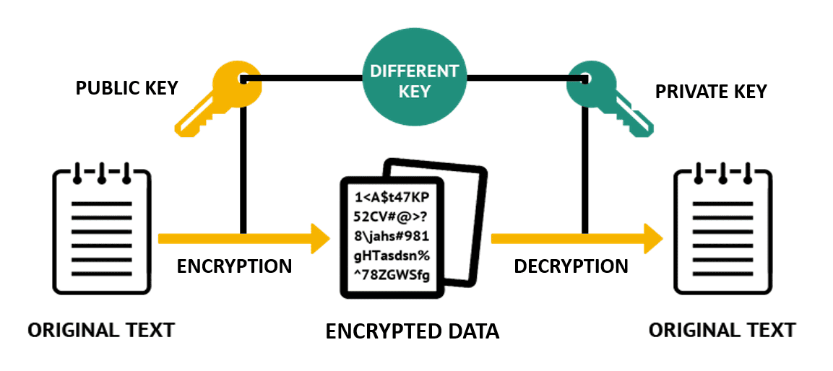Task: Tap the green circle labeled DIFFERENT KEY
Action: (x=414, y=81)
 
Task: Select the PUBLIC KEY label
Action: (x=126, y=89)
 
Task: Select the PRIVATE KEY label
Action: (x=710, y=92)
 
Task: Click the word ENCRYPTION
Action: (x=234, y=266)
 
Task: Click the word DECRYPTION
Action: (x=571, y=266)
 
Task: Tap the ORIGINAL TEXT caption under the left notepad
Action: (x=101, y=330)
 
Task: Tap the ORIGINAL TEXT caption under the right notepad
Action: (x=722, y=330)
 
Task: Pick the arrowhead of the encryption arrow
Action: (x=319, y=238)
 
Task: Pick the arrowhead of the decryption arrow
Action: (x=654, y=238)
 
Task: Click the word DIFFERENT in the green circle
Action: (x=414, y=71)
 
